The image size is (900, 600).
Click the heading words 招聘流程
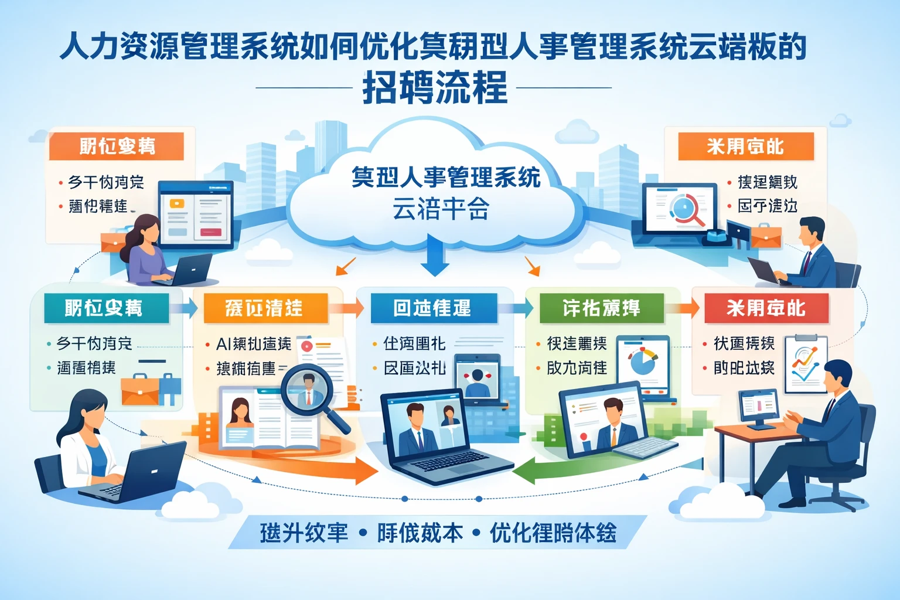point(434,88)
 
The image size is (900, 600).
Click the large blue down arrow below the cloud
point(434,258)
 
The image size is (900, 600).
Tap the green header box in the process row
point(601,308)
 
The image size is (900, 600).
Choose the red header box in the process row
point(766,308)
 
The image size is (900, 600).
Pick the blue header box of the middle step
point(433,308)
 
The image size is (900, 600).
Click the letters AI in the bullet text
point(223,344)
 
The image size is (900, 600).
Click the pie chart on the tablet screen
point(643,362)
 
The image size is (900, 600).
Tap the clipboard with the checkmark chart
point(805,363)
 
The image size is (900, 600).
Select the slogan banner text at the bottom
point(438,533)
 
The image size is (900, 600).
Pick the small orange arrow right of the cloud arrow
point(532,266)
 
